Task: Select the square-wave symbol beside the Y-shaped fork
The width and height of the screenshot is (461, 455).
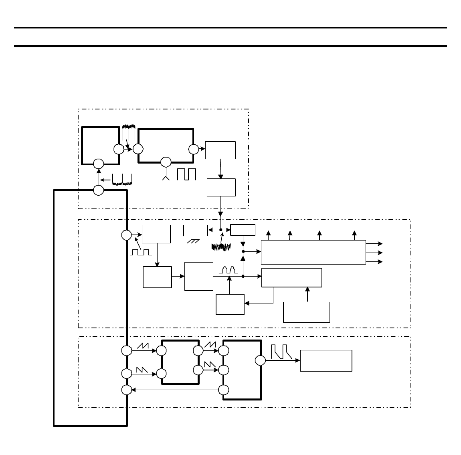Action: (186, 174)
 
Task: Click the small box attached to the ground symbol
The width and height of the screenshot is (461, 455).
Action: (195, 231)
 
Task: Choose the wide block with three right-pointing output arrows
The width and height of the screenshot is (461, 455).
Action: (313, 252)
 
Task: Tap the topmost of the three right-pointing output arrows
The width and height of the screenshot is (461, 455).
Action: (380, 244)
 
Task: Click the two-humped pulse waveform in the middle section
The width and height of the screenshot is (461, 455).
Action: (228, 270)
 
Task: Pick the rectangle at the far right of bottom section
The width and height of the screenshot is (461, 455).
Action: (326, 361)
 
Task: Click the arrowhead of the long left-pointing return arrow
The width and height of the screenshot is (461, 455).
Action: (134, 390)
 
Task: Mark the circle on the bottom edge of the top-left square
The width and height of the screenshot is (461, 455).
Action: (99, 164)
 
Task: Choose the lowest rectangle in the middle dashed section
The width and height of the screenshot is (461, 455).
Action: (306, 312)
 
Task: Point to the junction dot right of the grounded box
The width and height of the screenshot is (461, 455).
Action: (220, 230)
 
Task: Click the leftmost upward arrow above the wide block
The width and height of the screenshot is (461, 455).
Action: (268, 233)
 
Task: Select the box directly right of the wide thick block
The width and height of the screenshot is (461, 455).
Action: (220, 150)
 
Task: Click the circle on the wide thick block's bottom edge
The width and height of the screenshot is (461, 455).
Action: (166, 162)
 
